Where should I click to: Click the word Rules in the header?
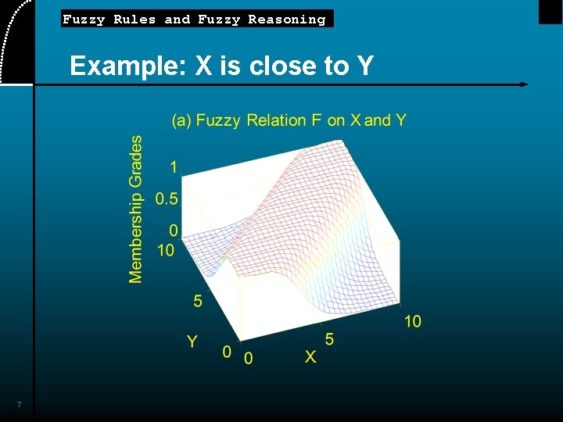point(134,20)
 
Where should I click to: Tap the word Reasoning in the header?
point(286,20)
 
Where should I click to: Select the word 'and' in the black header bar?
point(177,20)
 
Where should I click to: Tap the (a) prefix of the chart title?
point(181,120)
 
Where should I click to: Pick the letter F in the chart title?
point(317,120)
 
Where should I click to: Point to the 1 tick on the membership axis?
point(173,166)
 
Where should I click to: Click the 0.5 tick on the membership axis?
point(167,198)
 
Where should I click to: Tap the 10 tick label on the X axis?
point(413,321)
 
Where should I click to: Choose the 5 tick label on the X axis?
point(329,339)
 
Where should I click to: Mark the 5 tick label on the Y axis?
point(198,301)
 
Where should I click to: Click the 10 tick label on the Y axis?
point(166,250)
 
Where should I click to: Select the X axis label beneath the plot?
point(310,356)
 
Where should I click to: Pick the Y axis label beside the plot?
point(192,341)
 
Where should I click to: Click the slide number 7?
point(20,404)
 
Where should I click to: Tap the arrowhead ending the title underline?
point(524,84)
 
